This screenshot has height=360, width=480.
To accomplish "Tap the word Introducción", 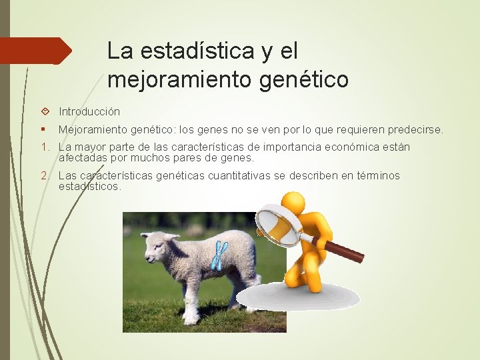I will [x=89, y=111].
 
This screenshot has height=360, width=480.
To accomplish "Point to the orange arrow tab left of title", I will [x=37, y=50].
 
